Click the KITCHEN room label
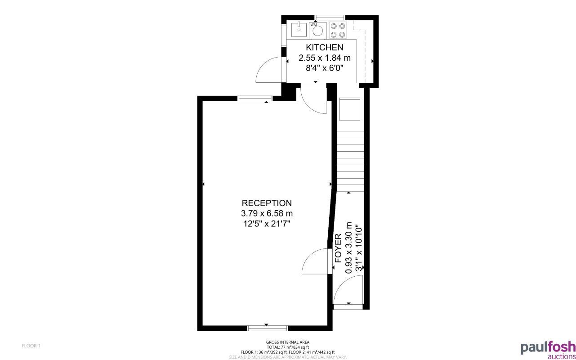324,47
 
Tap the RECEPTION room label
267,203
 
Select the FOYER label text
339,248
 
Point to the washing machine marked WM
318,30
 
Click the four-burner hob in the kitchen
337,30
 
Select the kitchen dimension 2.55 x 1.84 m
324,58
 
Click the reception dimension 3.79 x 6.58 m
267,213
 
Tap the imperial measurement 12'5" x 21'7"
267,223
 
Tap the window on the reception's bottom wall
267,327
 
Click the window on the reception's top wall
255,99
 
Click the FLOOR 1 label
31,346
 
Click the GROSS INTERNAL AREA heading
288,342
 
